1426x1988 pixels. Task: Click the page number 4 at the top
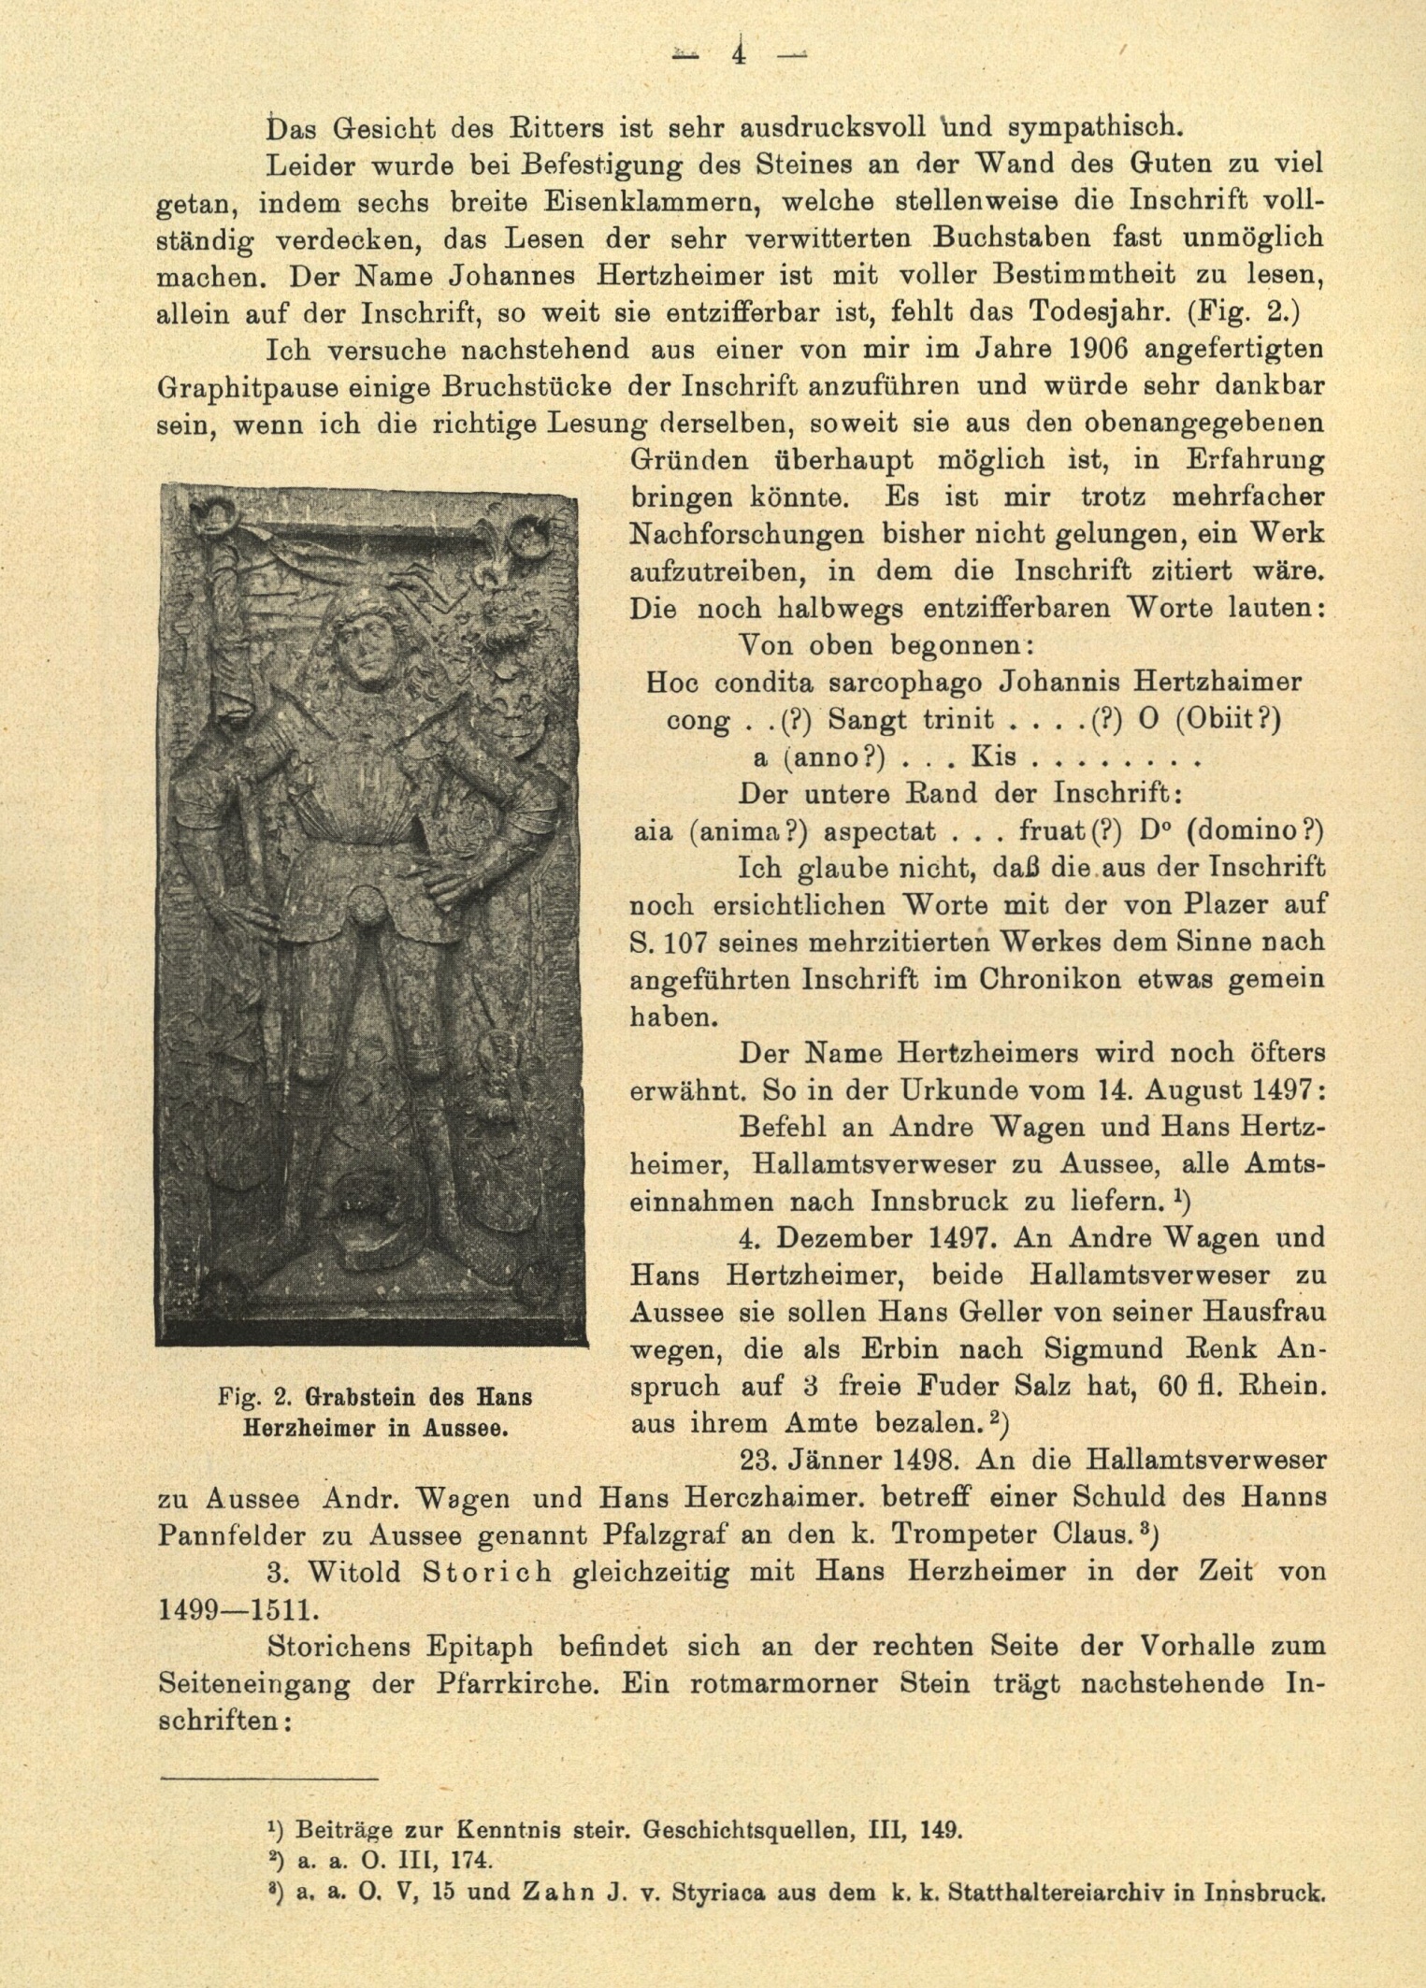pos(739,52)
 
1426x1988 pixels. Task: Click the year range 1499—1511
pos(238,1610)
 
